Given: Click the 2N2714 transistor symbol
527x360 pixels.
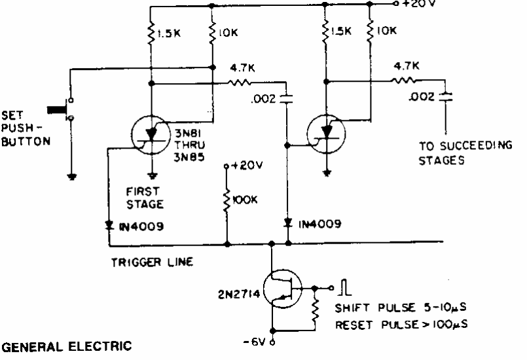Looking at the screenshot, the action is click(282, 289).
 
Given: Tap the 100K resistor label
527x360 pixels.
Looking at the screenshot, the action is click(245, 200).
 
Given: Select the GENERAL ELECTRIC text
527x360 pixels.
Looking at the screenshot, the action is click(67, 346).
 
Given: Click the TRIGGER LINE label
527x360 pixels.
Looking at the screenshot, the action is click(152, 262).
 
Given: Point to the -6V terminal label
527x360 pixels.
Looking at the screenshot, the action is click(254, 342).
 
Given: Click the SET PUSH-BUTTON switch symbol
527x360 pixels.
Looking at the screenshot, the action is click(62, 109).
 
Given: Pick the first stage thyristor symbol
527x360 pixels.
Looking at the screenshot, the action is click(151, 135).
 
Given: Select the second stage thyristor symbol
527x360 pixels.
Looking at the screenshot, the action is click(326, 134).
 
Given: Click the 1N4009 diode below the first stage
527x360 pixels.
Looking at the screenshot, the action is click(109, 225).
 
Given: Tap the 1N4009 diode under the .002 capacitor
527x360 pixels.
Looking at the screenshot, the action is click(287, 223).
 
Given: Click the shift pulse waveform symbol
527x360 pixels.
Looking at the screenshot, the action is click(344, 287).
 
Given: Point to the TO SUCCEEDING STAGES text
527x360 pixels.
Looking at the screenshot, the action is click(465, 153).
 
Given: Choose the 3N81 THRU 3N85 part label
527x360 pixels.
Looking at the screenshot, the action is click(190, 145).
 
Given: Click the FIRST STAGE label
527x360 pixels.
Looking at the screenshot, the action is click(145, 198).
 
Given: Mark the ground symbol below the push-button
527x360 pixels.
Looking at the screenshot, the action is click(71, 177).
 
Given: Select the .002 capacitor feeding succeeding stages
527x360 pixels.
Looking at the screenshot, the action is click(446, 97).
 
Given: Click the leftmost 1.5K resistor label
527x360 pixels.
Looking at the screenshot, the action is click(169, 33).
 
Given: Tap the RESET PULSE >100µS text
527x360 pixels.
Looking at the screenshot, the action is click(401, 325).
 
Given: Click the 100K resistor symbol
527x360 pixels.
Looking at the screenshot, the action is click(227, 201).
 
